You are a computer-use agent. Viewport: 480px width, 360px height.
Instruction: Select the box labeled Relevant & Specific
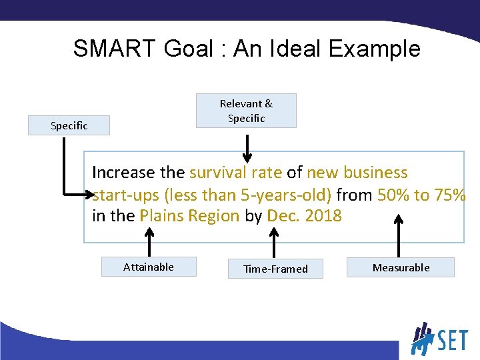tap(246, 111)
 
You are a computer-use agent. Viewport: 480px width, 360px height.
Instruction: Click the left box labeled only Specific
tap(69, 125)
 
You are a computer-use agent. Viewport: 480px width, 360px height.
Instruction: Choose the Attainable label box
tap(149, 267)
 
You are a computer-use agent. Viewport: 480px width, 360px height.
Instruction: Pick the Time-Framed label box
tap(275, 269)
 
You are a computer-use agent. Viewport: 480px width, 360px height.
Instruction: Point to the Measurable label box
tap(401, 267)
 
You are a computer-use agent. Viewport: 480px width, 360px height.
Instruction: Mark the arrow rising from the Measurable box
tap(399, 237)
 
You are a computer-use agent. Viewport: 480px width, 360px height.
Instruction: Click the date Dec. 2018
tap(304, 216)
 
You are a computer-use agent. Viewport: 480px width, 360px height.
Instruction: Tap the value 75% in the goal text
tap(449, 195)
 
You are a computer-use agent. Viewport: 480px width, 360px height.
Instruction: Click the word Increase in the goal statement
tap(123, 173)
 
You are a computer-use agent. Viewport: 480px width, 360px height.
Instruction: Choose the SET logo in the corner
tap(439, 339)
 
